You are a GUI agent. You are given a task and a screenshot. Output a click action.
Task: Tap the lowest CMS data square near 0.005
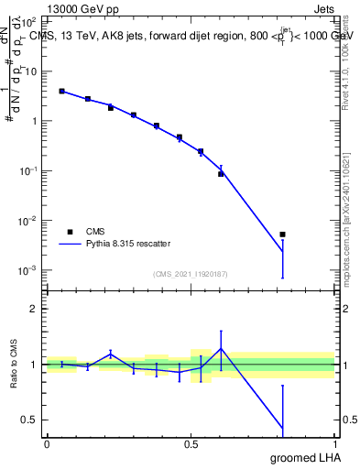point(282,234)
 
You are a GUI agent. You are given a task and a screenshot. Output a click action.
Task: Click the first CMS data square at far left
point(61,92)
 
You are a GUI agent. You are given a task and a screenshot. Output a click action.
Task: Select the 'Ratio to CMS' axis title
point(14,364)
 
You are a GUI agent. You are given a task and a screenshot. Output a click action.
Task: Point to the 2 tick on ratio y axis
point(36,309)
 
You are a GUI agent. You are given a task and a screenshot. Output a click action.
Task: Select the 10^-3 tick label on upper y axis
point(29,270)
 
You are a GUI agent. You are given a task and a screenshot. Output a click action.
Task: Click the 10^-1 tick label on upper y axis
point(29,171)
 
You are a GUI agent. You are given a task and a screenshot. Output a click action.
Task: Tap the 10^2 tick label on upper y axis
point(29,21)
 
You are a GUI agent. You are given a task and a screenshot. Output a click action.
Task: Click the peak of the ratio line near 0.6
point(221,348)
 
